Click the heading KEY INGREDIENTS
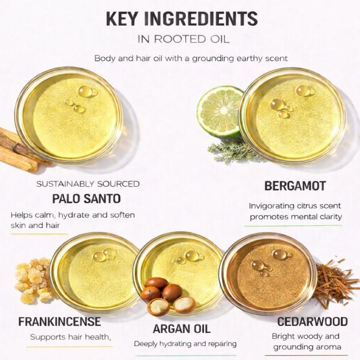(182, 19)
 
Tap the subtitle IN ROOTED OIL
(184, 39)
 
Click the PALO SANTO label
(86, 199)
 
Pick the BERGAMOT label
(295, 186)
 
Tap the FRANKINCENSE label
(59, 322)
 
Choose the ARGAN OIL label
(182, 329)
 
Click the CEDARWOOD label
(312, 322)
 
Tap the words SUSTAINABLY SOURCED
(88, 184)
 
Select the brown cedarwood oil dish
(268, 273)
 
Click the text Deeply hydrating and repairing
(185, 344)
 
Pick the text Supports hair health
(70, 337)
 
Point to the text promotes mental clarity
(296, 217)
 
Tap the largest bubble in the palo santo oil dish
(86, 92)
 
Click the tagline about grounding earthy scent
(191, 58)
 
